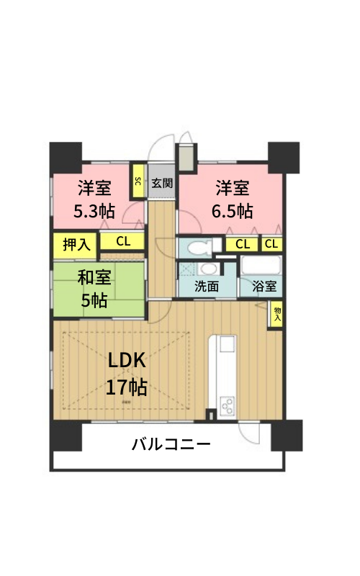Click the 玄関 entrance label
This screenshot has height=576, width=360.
pos(161,183)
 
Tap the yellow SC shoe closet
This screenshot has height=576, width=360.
pos(138,181)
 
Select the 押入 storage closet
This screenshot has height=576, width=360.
pos(75,244)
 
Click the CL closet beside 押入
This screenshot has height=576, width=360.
pos(122,241)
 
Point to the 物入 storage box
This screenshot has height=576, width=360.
pos(277,315)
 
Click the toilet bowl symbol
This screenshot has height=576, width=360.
pos(199,247)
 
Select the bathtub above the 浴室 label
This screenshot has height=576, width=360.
pos(261,265)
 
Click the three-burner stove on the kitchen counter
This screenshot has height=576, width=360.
pos(226,406)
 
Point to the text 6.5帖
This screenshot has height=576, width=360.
pos(232,211)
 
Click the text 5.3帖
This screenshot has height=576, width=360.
pos(94,211)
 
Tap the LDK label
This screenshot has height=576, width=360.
pos(127,361)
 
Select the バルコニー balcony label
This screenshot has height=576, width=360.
pos(171,444)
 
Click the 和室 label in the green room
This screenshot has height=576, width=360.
pos(94,277)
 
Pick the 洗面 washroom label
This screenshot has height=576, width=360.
pos(207,286)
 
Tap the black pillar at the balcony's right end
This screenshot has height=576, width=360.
pos(287,436)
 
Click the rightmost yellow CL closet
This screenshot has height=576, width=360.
pos(271,244)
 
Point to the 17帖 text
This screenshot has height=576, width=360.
pos(127,387)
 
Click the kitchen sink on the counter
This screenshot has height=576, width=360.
pos(227,344)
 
